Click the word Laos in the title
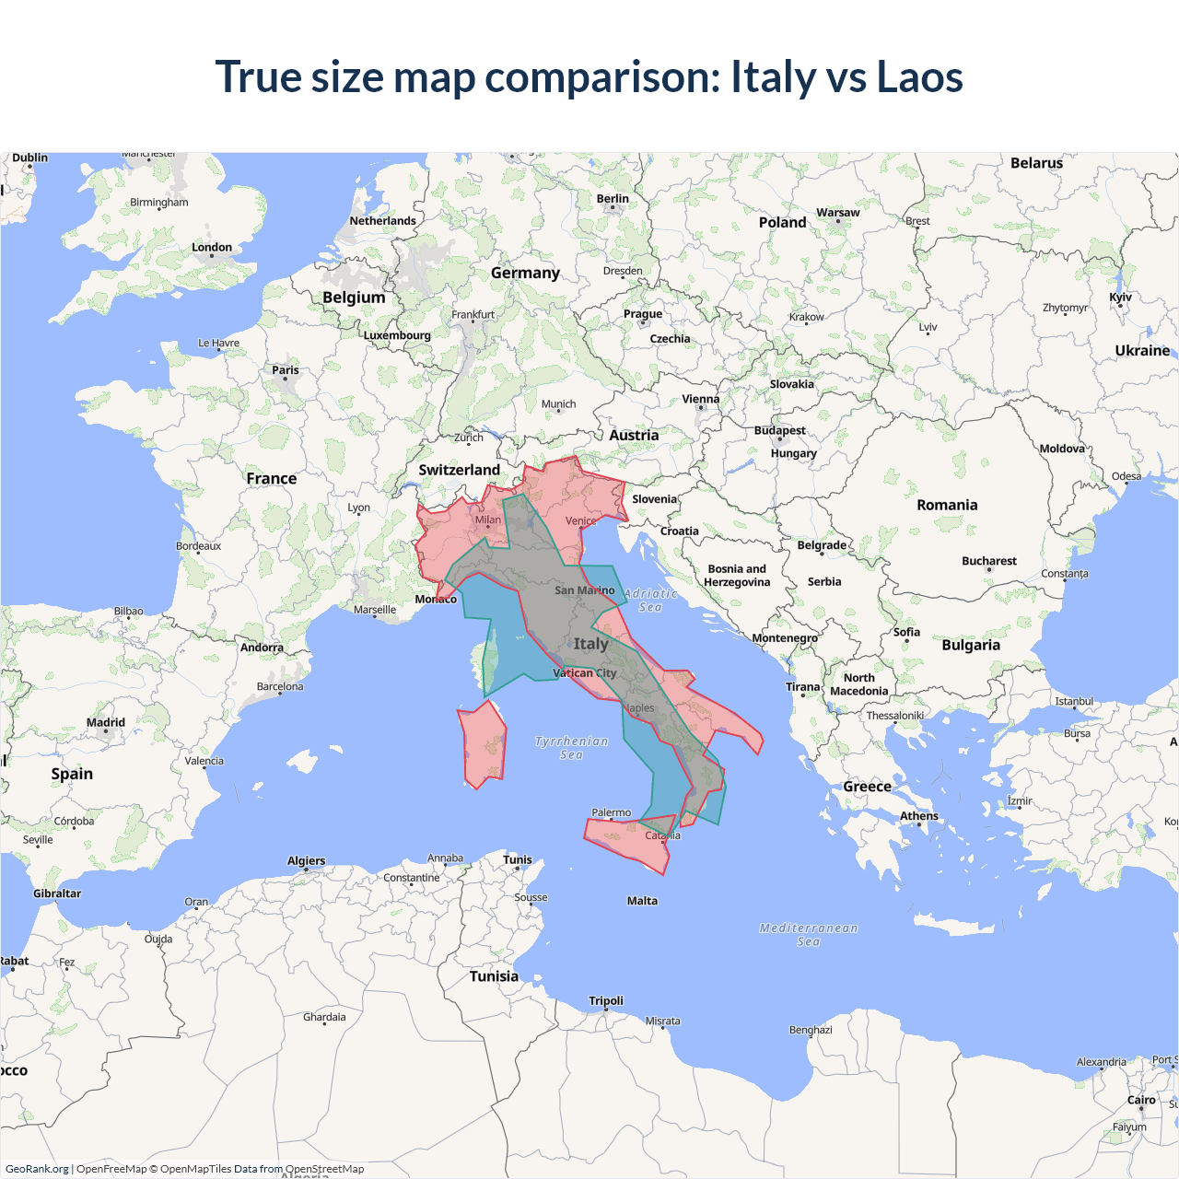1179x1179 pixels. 919,77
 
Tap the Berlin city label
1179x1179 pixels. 613,199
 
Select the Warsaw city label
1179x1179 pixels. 837,213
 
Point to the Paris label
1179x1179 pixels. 286,370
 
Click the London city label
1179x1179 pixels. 212,248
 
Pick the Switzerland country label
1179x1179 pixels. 459,470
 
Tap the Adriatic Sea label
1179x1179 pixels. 650,601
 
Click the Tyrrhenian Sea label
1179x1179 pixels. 571,747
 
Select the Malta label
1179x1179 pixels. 642,901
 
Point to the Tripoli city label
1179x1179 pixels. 606,1001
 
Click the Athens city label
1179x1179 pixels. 919,816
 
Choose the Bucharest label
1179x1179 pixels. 989,561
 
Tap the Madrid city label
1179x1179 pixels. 106,723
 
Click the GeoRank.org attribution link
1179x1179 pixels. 37,1169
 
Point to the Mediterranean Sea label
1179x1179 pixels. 809,934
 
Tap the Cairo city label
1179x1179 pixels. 1141,1100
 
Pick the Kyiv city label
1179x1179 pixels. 1120,298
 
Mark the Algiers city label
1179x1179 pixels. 306,861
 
